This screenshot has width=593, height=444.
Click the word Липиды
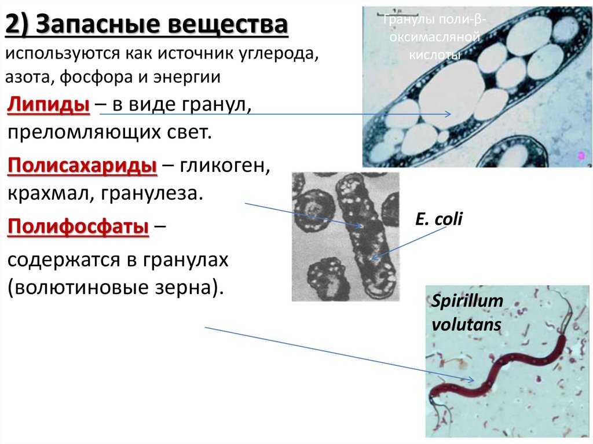(48, 106)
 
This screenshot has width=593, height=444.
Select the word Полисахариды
(83, 167)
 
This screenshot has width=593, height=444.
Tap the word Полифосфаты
(79, 226)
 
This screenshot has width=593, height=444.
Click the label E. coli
(438, 220)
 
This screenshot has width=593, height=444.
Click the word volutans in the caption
(466, 324)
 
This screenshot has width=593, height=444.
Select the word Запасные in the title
(97, 27)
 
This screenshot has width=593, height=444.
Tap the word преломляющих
(81, 133)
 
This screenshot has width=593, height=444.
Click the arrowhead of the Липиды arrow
(448, 115)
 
